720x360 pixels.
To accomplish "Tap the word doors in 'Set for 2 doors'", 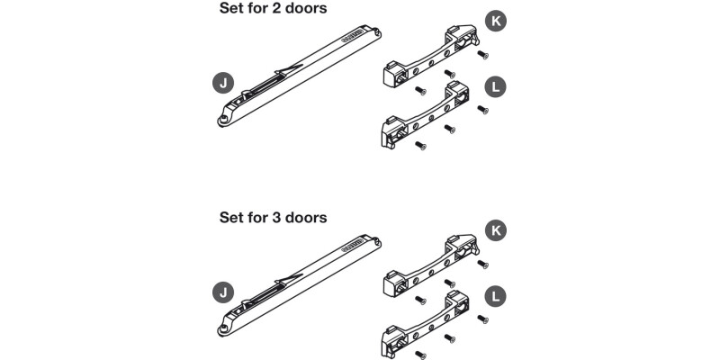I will click(x=309, y=9).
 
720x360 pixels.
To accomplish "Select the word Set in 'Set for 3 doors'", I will click(x=232, y=217).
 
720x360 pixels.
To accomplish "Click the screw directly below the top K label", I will click(x=482, y=55).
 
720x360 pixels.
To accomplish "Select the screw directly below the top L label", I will click(x=482, y=111).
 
